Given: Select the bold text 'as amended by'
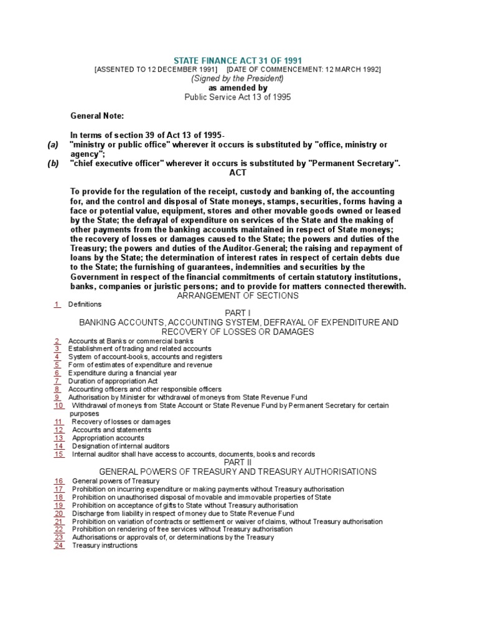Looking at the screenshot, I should coord(238,88).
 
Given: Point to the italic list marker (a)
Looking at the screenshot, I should coord(53,144).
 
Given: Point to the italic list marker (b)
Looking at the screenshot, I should coord(53,164).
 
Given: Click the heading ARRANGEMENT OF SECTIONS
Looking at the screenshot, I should coord(238,295).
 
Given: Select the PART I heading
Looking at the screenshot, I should coord(238,314).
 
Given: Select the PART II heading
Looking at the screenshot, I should coord(238,463).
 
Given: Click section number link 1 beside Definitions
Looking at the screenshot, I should coord(57,304).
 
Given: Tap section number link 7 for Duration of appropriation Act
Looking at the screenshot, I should coord(57,381).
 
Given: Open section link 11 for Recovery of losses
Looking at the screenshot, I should coord(59,421).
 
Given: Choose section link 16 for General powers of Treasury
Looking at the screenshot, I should coord(59,481).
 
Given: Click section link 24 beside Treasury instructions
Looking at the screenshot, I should coord(59,546).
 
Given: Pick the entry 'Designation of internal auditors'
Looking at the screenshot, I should coord(120,446).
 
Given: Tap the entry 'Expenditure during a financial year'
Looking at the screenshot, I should coord(121,373).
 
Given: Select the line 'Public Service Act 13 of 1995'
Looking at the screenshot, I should coord(238,98).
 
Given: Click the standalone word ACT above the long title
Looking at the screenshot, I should coord(238,172).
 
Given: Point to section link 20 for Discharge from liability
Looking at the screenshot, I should coord(59,513).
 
